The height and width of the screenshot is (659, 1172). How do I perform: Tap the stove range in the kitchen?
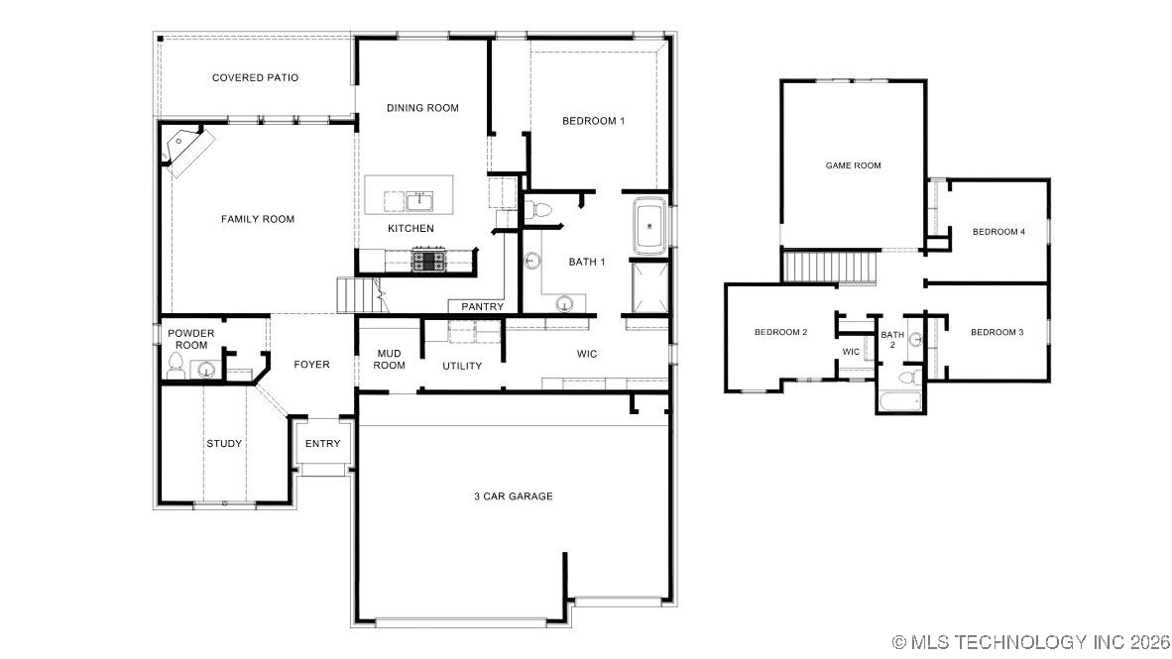coord(429,262)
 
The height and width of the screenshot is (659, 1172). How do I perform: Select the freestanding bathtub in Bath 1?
coord(649,226)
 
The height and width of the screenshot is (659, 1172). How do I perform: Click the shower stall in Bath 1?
coord(649,283)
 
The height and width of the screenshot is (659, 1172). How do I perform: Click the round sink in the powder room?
coord(206,371)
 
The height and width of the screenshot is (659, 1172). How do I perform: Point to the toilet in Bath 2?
coord(905,378)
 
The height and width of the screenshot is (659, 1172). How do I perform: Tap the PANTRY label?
coord(482,307)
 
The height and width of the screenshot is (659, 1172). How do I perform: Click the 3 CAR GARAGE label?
coord(513,496)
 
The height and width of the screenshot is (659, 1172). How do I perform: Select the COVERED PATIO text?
coord(255,77)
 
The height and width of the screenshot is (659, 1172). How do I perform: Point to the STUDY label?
coord(224,443)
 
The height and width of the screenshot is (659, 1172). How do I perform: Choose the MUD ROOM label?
coord(389,359)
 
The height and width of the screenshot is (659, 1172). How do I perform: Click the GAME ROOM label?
coord(853,165)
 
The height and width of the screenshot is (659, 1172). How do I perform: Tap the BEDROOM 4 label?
coord(997,232)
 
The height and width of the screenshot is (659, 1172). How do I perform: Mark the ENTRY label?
coord(322,443)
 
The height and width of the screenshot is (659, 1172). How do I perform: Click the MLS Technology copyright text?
coord(1031,642)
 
